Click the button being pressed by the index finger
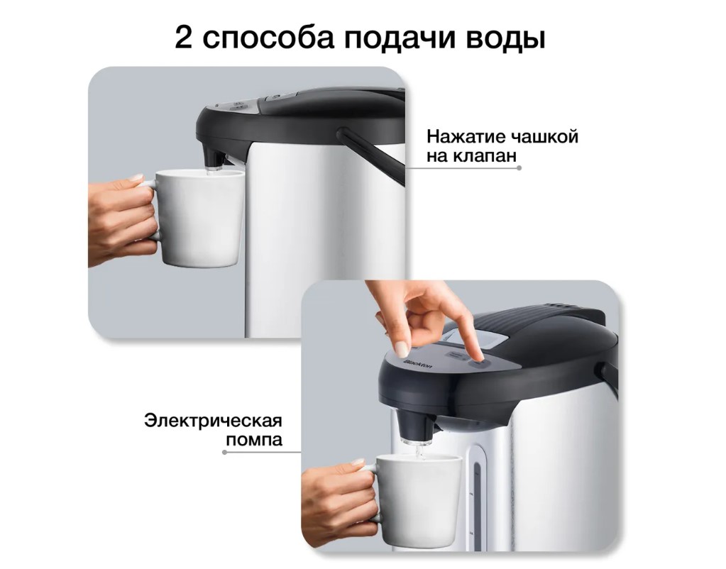(x=478, y=362)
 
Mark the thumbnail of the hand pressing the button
(x=402, y=348)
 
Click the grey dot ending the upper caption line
(x=519, y=168)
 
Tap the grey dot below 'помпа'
(x=224, y=452)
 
